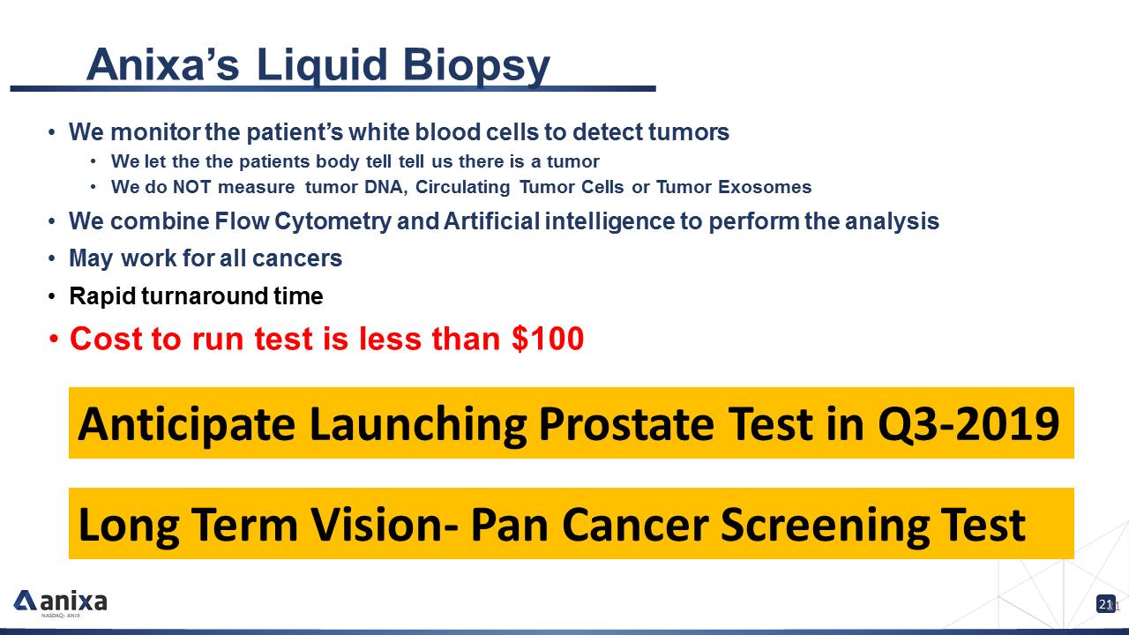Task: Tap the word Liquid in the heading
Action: click(322, 66)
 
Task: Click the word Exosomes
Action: click(765, 187)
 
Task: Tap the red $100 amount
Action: click(548, 338)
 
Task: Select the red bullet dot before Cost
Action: click(54, 340)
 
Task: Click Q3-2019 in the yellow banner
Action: click(968, 423)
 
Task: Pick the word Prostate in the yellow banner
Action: click(626, 424)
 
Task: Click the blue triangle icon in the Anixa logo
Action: click(25, 600)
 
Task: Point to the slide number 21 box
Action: click(1106, 604)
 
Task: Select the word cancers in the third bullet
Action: click(297, 258)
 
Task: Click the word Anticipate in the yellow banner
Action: click(186, 424)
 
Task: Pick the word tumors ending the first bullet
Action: click(689, 132)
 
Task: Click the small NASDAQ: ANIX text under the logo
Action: click(61, 616)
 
